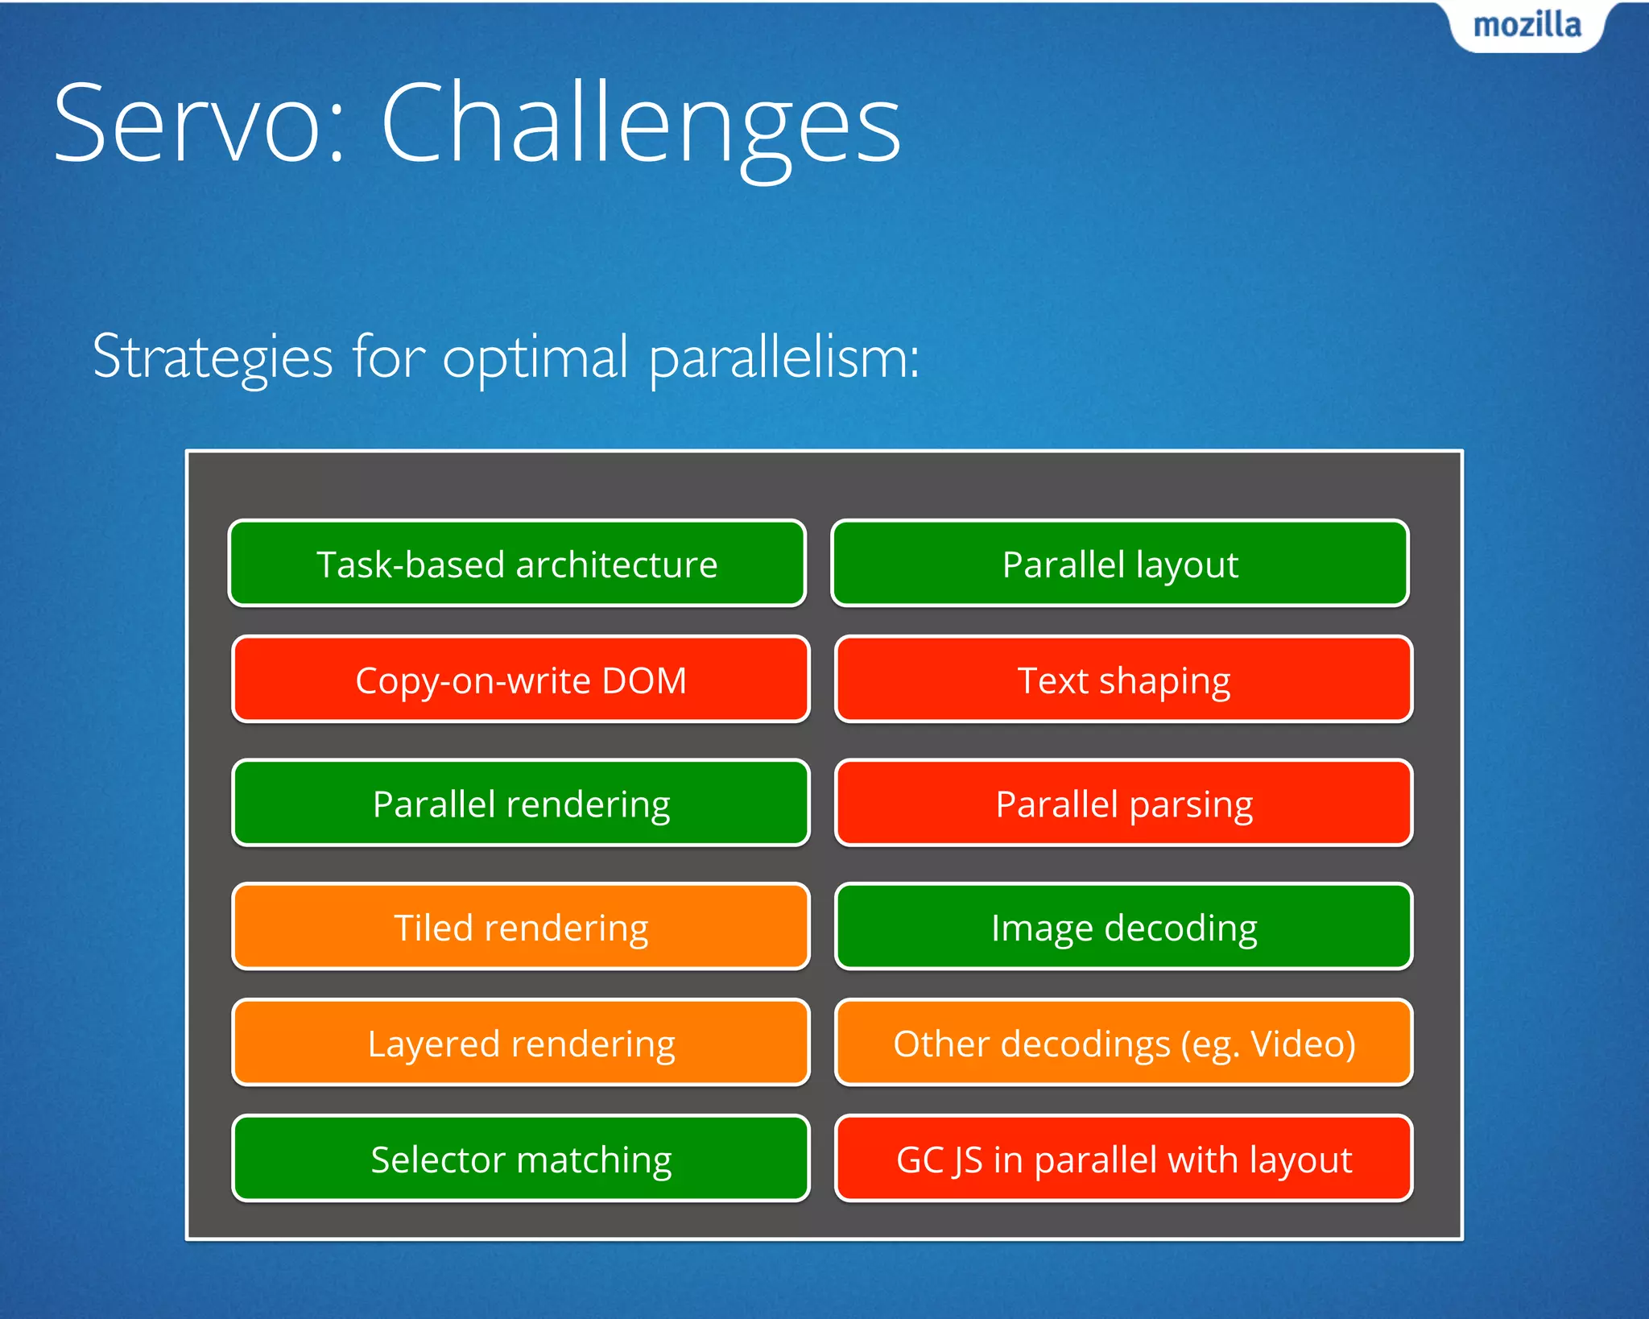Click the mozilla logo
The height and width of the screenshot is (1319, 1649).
click(x=1527, y=26)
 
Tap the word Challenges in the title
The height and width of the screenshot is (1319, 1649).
click(x=640, y=125)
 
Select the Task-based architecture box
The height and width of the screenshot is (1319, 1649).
click(x=517, y=564)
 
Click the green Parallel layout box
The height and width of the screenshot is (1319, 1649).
click(x=1120, y=564)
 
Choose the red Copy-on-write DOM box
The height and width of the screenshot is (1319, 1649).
click(x=520, y=680)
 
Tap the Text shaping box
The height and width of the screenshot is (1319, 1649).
click(x=1124, y=680)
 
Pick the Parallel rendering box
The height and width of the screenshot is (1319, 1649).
click(x=520, y=803)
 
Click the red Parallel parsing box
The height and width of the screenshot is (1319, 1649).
click(x=1124, y=803)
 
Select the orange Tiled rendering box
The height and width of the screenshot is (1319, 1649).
click(x=520, y=927)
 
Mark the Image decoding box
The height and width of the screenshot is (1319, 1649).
click(x=1124, y=927)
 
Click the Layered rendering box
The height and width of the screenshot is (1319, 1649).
click(x=520, y=1043)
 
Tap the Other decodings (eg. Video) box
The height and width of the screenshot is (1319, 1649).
click(x=1124, y=1043)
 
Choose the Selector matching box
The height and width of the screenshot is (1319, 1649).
click(x=520, y=1159)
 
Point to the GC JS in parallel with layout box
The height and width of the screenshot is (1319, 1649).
click(x=1124, y=1159)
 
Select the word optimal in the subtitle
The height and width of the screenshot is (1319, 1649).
click(x=535, y=358)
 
